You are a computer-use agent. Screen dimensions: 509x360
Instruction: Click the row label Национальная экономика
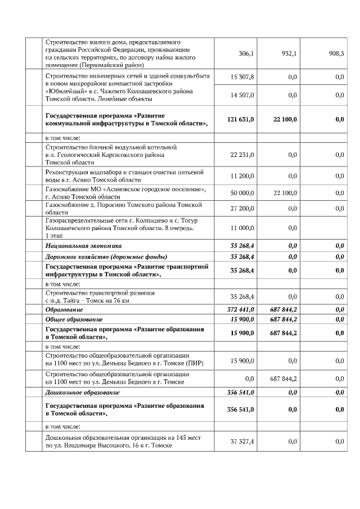83,246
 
